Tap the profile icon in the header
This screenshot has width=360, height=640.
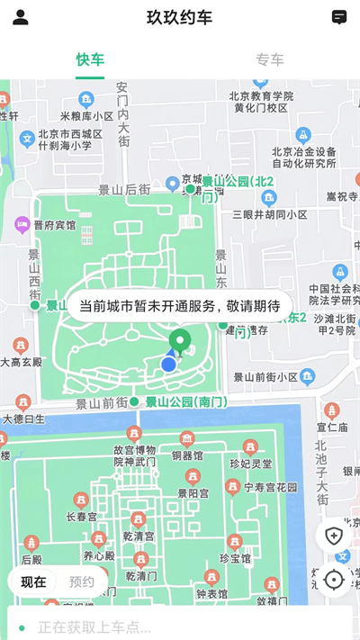(21, 17)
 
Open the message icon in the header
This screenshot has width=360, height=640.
(339, 17)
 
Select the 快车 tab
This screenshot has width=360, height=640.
(90, 60)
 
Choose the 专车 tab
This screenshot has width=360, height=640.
(270, 60)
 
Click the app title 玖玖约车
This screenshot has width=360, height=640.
(180, 17)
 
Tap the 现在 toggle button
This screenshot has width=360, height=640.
(34, 581)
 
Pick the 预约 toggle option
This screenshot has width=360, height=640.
(82, 581)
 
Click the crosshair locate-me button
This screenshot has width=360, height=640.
(334, 580)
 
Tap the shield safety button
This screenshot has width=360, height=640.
(334, 536)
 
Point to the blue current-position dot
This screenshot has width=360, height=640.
(168, 364)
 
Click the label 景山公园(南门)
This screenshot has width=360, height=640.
(185, 401)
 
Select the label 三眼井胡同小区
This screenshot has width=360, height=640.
(270, 214)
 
